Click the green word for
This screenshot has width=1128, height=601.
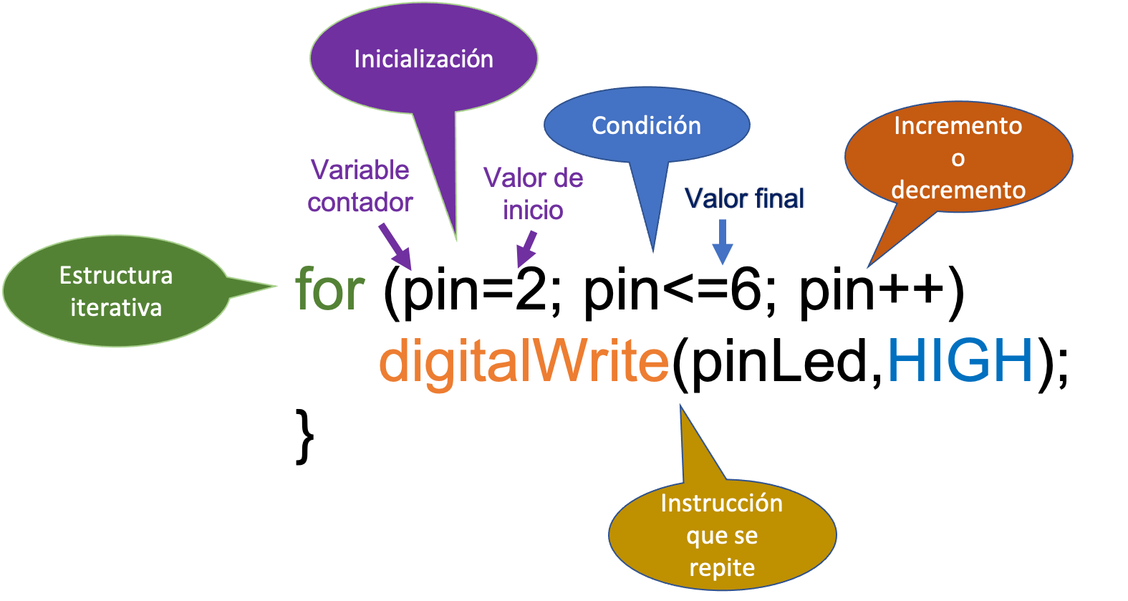[x=330, y=289]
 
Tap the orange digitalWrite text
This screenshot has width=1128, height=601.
[x=524, y=361]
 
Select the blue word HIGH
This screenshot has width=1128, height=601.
[x=960, y=360]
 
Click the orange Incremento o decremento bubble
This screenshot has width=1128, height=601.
[x=958, y=158]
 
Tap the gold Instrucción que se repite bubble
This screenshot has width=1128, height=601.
[x=722, y=536]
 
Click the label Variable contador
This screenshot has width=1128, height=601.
[x=360, y=186]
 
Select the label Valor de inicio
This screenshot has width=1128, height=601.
[x=533, y=194]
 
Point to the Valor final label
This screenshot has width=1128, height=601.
[x=744, y=198]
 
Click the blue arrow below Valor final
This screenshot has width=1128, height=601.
[x=723, y=243]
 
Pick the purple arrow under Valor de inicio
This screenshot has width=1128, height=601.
[x=527, y=249]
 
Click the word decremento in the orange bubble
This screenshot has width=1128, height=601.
[x=958, y=191]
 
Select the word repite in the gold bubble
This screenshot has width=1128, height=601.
[x=722, y=568]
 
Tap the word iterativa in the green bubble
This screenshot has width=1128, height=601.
[x=116, y=308]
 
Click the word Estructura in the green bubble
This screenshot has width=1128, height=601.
[x=116, y=276]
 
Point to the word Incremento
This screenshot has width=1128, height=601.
[x=958, y=126]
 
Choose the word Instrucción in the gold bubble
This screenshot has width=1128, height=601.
[x=722, y=504]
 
